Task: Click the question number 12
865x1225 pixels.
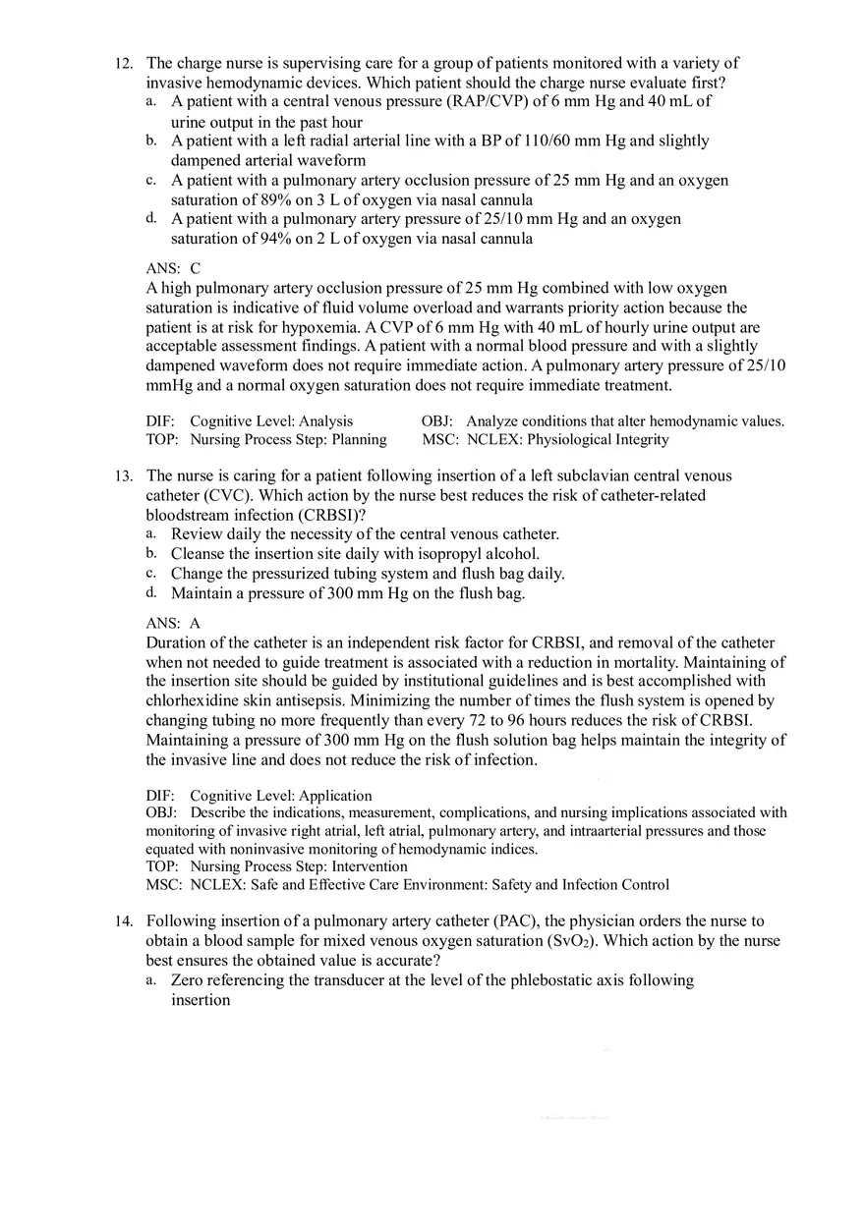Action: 123,64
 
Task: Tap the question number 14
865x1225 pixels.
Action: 123,921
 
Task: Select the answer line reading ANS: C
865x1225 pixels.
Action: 173,268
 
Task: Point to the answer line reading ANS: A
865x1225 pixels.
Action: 173,623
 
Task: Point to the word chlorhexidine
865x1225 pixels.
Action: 194,700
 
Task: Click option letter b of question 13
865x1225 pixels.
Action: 151,553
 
